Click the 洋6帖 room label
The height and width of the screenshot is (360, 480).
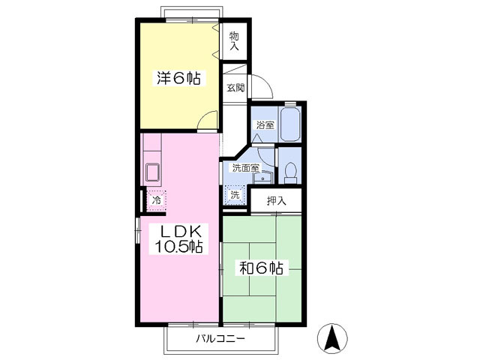click(x=179, y=78)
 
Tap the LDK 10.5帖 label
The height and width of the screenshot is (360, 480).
click(x=178, y=238)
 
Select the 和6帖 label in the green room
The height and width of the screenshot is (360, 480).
click(x=261, y=268)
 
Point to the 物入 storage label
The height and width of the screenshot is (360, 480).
click(x=234, y=41)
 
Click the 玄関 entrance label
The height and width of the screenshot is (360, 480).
click(x=235, y=88)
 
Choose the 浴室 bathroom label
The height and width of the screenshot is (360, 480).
click(x=265, y=125)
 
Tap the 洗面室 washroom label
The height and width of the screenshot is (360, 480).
click(x=246, y=168)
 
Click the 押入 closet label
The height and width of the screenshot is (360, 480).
click(x=277, y=200)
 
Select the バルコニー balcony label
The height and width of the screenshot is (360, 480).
click(x=220, y=338)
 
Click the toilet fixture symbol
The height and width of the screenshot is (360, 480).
click(x=290, y=173)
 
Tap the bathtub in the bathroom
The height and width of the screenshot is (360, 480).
click(x=289, y=124)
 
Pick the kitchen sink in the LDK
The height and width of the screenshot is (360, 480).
click(x=152, y=172)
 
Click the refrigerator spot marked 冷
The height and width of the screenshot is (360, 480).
click(x=157, y=200)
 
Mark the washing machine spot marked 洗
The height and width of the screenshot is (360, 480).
click(x=235, y=195)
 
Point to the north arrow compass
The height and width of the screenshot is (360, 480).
click(x=332, y=338)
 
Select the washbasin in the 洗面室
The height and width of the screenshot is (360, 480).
click(x=262, y=177)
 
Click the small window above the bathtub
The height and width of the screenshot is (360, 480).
click(x=290, y=103)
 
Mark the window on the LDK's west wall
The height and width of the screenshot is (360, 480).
click(x=138, y=230)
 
